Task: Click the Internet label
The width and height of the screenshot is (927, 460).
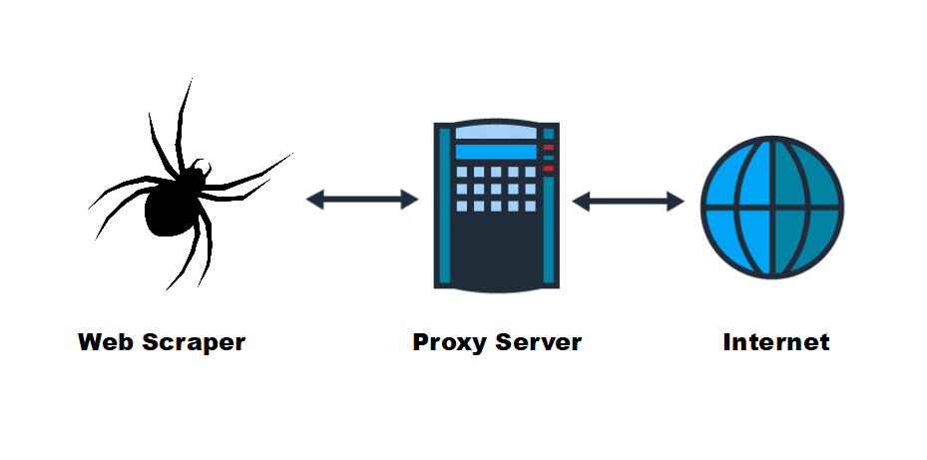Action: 775,342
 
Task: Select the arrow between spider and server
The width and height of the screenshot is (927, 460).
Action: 361,200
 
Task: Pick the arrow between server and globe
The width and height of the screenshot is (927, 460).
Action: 628,201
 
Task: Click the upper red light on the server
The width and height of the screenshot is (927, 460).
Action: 548,148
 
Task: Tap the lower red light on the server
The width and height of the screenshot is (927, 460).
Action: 548,168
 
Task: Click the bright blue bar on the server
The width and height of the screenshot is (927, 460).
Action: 495,152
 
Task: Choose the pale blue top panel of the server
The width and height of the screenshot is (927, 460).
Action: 494,131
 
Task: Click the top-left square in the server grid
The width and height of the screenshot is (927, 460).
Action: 460,172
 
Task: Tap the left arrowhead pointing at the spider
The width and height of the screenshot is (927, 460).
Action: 312,200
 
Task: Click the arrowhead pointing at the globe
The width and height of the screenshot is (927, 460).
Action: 678,201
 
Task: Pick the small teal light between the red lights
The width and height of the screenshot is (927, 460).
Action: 548,158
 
